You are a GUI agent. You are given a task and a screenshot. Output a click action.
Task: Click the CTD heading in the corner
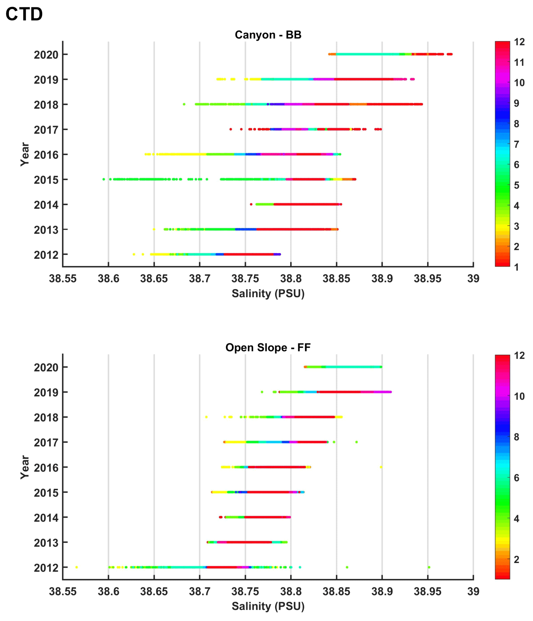(x=24, y=14)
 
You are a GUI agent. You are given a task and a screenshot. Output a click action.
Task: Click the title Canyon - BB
(x=268, y=35)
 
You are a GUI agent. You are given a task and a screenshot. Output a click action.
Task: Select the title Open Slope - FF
(x=268, y=348)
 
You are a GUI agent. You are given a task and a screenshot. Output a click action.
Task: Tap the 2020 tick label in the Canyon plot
(x=46, y=55)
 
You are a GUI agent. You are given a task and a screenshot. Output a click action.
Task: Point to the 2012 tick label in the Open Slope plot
(x=46, y=568)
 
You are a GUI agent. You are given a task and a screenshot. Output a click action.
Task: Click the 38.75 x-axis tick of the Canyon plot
(x=245, y=278)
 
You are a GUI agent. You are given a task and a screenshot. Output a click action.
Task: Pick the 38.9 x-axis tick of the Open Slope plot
(x=382, y=591)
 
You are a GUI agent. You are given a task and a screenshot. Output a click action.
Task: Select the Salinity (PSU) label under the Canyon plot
(x=268, y=293)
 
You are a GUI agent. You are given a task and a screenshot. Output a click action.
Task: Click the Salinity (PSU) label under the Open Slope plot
(x=268, y=606)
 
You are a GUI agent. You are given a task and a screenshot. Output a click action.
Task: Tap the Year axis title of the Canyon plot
(x=25, y=154)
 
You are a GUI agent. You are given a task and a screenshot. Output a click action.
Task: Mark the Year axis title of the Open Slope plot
(x=25, y=467)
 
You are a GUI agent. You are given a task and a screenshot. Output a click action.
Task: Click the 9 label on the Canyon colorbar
(x=517, y=103)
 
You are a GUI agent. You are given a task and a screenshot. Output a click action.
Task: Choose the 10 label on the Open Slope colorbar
(x=519, y=396)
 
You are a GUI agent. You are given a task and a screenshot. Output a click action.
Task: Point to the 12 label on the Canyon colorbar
(x=519, y=42)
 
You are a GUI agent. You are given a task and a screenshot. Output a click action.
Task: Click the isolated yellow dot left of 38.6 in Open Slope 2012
(x=76, y=567)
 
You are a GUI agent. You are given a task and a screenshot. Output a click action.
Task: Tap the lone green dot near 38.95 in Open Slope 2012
(x=429, y=567)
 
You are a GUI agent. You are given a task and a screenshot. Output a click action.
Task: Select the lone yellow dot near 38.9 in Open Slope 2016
(x=381, y=467)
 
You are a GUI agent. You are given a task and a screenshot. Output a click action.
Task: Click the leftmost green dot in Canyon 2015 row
(x=104, y=179)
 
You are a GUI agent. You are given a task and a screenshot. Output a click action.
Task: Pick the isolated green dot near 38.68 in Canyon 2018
(x=184, y=104)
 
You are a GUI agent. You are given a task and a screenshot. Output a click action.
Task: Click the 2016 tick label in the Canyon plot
(x=46, y=155)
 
